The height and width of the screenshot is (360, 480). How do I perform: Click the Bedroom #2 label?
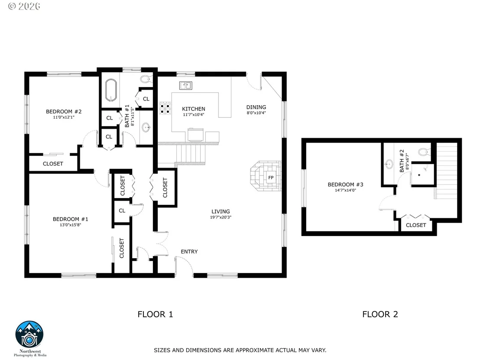pos(64,112)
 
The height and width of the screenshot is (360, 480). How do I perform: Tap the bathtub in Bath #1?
pos(111,90)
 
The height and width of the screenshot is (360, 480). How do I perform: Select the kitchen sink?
pos(186,85)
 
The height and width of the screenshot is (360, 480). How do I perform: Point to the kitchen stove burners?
pos(165,108)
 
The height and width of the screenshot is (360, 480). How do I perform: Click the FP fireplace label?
pos(271,178)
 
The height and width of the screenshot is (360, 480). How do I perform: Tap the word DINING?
pos(256,107)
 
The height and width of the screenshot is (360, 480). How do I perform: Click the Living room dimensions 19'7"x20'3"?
pos(221,217)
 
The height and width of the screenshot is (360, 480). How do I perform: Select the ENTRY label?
pos(189,252)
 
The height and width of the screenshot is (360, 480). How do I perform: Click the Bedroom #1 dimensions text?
pos(71,225)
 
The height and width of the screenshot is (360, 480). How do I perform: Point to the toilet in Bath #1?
pos(146,79)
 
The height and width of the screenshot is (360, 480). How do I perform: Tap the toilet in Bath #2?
pos(425,152)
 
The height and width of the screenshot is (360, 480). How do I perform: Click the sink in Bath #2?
pos(389,164)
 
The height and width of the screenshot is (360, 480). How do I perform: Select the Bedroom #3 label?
pos(345,185)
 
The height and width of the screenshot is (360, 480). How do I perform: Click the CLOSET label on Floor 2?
pos(416,225)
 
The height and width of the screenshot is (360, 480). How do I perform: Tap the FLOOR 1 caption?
pos(155,315)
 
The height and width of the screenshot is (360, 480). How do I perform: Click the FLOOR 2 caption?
pos(380,315)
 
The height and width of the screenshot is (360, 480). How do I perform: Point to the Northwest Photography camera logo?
pos(29,334)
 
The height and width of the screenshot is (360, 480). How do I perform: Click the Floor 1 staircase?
pos(190,155)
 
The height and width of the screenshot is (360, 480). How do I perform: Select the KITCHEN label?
pos(194,109)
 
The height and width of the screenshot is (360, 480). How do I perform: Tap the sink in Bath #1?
pos(146,127)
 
